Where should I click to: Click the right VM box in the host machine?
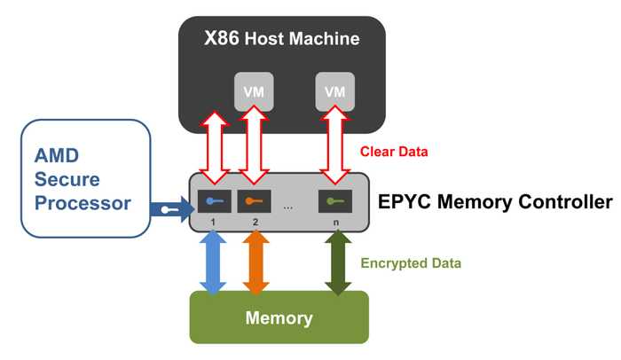334,91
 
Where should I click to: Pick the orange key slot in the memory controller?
253,200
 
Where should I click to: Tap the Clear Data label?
395,152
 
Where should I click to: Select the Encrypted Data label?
411,263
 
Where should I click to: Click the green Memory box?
279,317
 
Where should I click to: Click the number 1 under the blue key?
214,222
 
